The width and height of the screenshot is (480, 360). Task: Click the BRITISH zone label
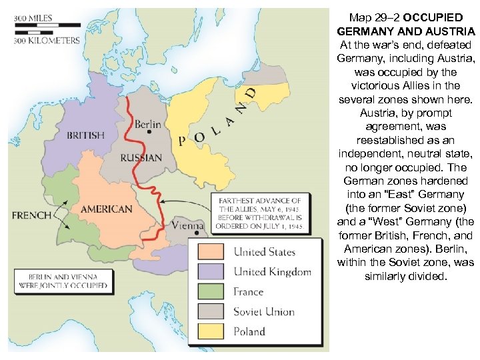click(x=85, y=135)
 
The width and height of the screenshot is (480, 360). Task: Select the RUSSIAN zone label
click(x=141, y=158)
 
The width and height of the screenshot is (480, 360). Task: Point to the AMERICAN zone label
click(x=106, y=209)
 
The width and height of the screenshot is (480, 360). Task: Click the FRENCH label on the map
click(x=31, y=215)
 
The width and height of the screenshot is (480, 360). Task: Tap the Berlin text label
click(x=147, y=124)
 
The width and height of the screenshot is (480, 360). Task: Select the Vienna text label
click(x=187, y=226)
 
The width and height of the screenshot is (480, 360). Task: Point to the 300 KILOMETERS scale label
click(x=47, y=40)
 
